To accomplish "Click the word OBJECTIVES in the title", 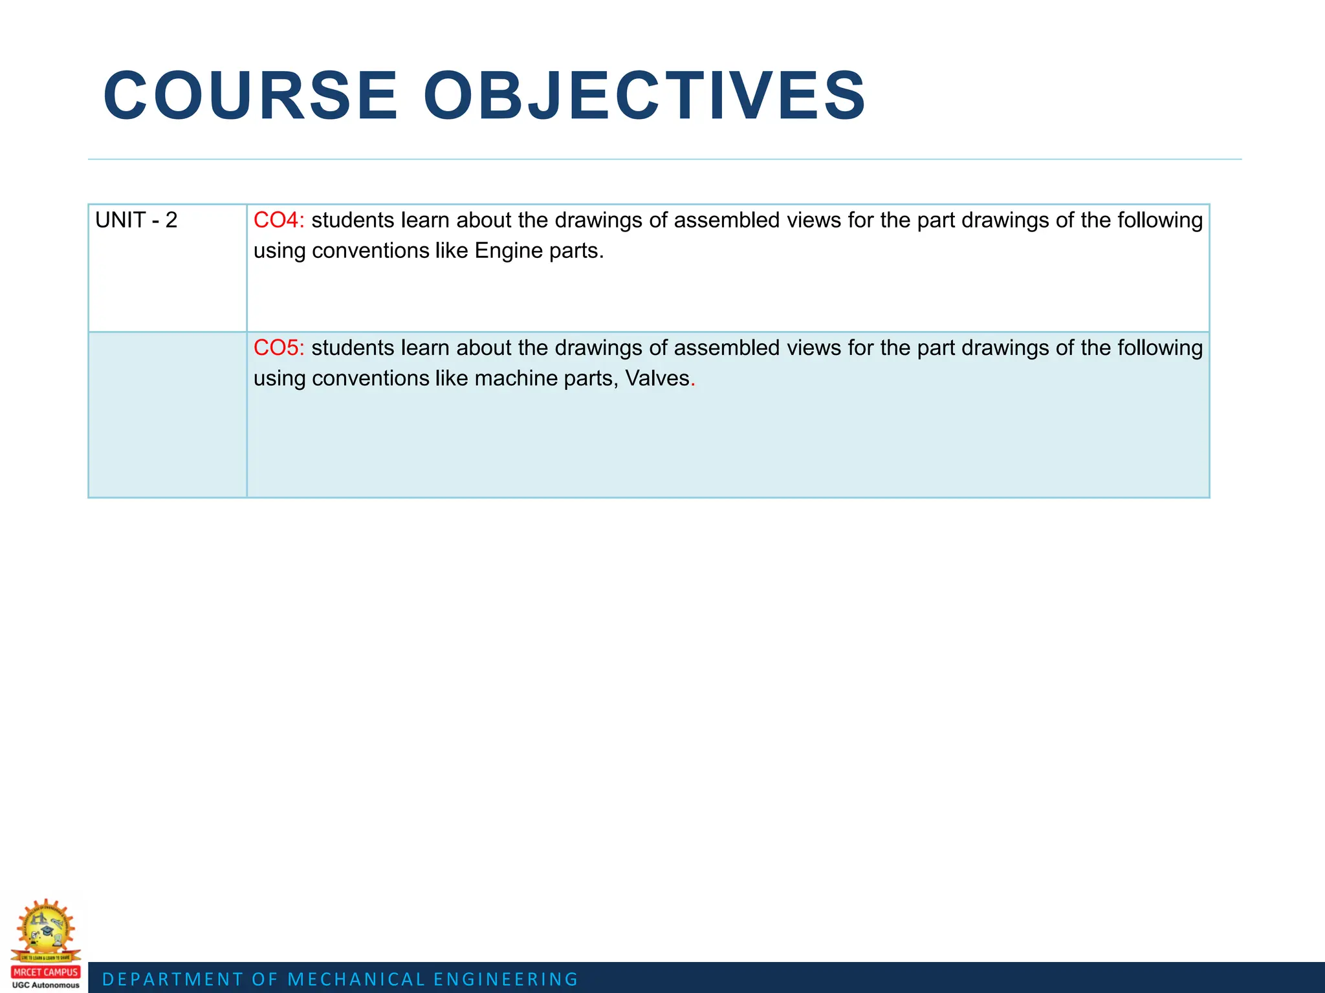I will point(644,96).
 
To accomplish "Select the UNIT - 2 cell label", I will point(136,220).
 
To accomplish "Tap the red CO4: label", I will point(278,220).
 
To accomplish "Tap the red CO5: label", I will point(278,348).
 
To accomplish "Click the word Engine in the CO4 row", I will point(509,251).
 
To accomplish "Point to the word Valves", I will point(657,378).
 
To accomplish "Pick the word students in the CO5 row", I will point(353,348).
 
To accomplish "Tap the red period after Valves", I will point(693,381).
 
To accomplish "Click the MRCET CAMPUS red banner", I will point(45,972).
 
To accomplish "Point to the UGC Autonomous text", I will point(45,985).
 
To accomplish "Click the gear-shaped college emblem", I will point(45,928).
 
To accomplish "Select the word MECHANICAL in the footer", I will point(356,979).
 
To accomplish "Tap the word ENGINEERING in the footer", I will point(506,979).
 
